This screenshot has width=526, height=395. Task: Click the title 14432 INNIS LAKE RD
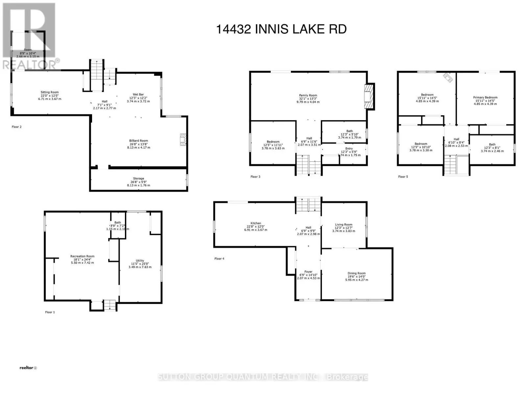click(281, 29)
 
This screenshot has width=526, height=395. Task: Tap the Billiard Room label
click(138, 141)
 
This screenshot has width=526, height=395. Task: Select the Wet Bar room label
click(138, 94)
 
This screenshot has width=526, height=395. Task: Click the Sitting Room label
click(50, 92)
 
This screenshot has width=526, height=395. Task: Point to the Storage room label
click(138, 178)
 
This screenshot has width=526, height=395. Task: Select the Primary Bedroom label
click(485, 97)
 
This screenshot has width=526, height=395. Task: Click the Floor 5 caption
click(403, 177)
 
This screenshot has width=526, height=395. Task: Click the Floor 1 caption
click(50, 312)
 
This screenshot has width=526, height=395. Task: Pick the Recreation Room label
click(82, 256)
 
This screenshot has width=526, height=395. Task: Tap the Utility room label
click(140, 260)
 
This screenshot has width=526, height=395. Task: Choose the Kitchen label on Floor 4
click(255, 223)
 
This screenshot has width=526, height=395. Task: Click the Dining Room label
click(356, 273)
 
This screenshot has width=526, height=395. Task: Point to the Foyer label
click(308, 272)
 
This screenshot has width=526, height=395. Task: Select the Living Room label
click(344, 224)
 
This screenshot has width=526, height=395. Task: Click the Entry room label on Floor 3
click(349, 148)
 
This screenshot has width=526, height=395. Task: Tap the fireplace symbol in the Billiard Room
click(183, 140)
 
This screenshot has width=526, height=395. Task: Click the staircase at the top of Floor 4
click(308, 205)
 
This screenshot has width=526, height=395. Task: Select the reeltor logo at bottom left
click(28, 368)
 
